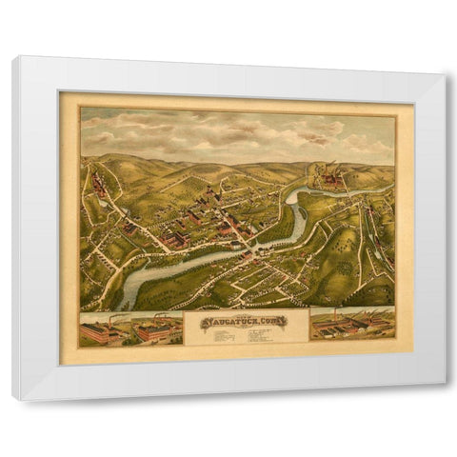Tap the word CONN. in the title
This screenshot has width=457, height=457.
point(275,322)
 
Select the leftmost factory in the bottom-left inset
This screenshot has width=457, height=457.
point(102,332)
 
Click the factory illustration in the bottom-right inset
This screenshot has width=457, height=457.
point(351,325)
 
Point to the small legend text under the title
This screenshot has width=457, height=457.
point(246,334)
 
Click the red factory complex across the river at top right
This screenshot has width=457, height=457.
point(333,177)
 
